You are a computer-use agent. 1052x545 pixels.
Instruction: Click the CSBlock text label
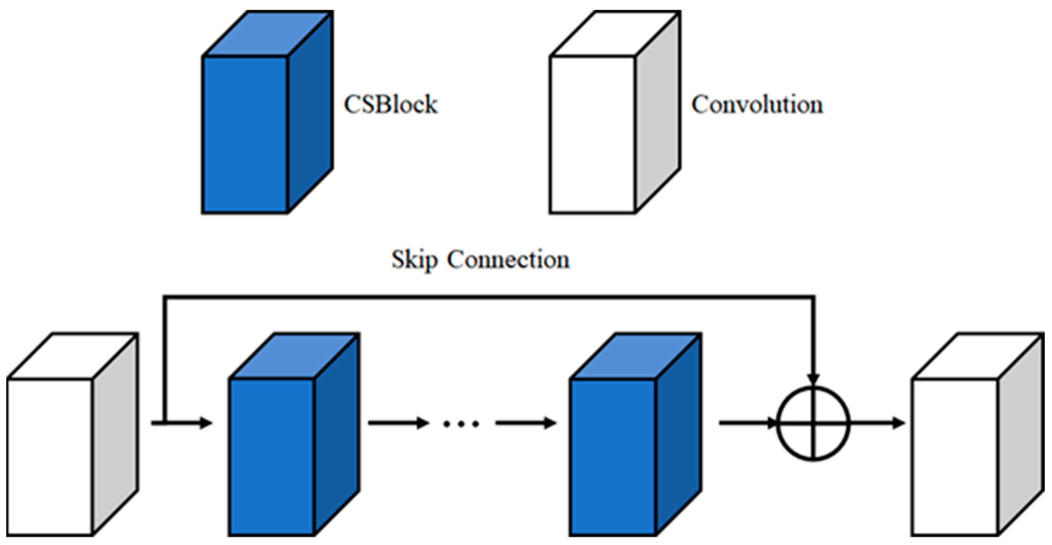(x=390, y=104)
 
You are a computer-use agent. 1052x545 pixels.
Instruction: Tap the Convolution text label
(x=757, y=104)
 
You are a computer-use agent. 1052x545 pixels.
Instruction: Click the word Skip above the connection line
(x=415, y=260)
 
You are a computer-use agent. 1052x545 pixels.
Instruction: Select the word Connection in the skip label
(x=508, y=259)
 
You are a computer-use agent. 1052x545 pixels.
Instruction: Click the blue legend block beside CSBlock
(x=268, y=112)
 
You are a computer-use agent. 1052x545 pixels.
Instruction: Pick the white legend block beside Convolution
(x=615, y=112)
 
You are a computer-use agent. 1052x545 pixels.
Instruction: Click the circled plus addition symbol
(x=813, y=423)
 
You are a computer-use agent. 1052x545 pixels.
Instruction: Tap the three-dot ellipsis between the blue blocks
(x=461, y=424)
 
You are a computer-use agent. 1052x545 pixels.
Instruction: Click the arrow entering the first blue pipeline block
(x=182, y=423)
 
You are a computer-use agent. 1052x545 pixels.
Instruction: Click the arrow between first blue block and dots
(x=398, y=423)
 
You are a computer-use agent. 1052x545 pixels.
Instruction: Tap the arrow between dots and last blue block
(x=526, y=423)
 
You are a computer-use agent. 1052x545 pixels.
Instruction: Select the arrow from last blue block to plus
(x=747, y=423)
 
